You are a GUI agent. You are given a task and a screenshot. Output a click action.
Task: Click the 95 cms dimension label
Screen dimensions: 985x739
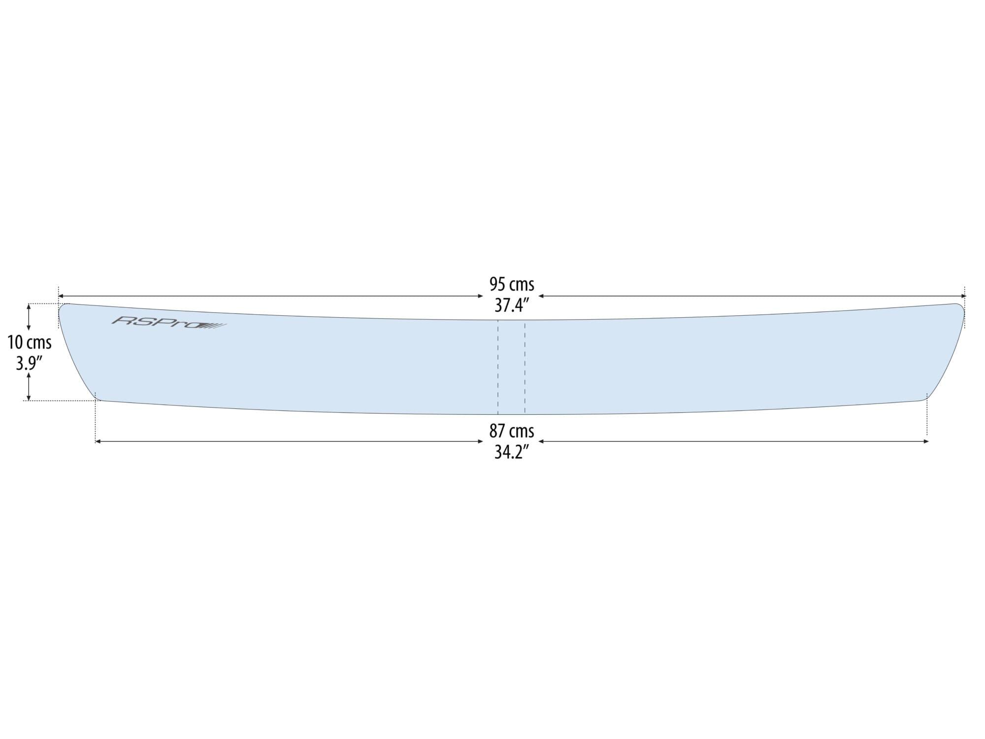pyautogui.click(x=511, y=284)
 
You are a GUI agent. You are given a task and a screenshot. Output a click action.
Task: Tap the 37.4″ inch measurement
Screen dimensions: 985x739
pyautogui.click(x=511, y=305)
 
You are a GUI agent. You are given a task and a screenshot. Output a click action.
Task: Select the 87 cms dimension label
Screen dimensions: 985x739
pyautogui.click(x=511, y=431)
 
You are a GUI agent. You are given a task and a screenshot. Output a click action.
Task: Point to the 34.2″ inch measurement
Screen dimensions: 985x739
pyautogui.click(x=511, y=452)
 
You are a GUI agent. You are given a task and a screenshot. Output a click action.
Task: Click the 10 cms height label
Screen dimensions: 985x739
pyautogui.click(x=30, y=342)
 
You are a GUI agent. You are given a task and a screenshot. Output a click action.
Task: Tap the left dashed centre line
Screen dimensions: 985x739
pyautogui.click(x=498, y=367)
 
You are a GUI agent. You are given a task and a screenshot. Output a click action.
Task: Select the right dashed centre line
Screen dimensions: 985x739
pyautogui.click(x=525, y=367)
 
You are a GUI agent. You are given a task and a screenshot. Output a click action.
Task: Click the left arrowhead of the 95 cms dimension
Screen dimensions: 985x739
pyautogui.click(x=61, y=296)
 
